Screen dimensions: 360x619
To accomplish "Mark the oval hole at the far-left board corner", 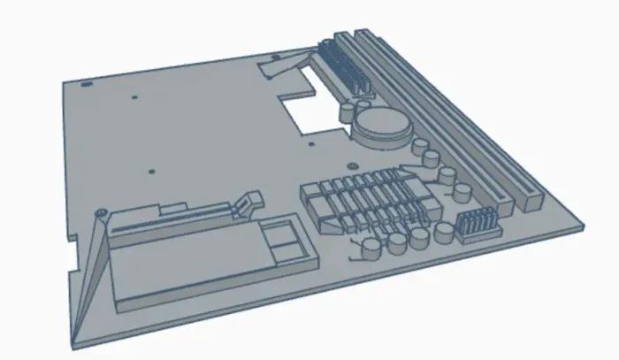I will [87, 85].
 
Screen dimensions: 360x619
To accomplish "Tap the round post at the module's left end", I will [102, 213].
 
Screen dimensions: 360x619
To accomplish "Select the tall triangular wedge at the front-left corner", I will [88, 283].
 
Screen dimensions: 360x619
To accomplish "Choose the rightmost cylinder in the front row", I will [442, 234].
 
